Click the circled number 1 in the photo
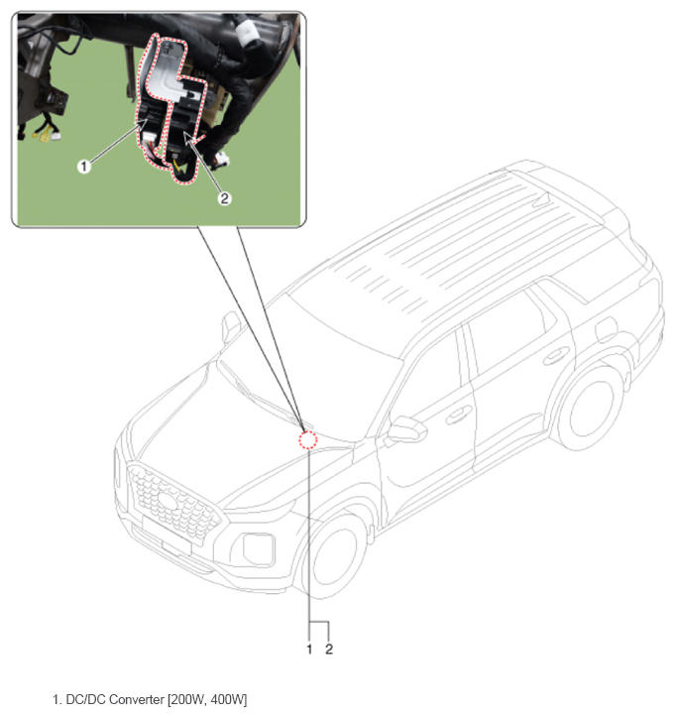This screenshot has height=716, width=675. [x=83, y=167]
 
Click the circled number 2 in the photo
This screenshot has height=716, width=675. [x=225, y=198]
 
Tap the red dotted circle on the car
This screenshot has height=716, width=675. [x=308, y=439]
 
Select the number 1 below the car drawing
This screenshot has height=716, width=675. [x=309, y=649]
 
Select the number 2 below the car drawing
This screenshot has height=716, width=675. [x=329, y=649]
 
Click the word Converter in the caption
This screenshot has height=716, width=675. [x=137, y=699]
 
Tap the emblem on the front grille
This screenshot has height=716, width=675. [x=168, y=501]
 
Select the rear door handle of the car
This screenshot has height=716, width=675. [x=556, y=356]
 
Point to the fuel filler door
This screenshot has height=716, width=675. [x=607, y=329]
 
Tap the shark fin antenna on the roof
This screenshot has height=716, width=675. [x=542, y=199]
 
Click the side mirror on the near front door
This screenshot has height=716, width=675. [x=405, y=429]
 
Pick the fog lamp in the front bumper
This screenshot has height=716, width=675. [x=259, y=548]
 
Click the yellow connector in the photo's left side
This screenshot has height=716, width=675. [x=46, y=136]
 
